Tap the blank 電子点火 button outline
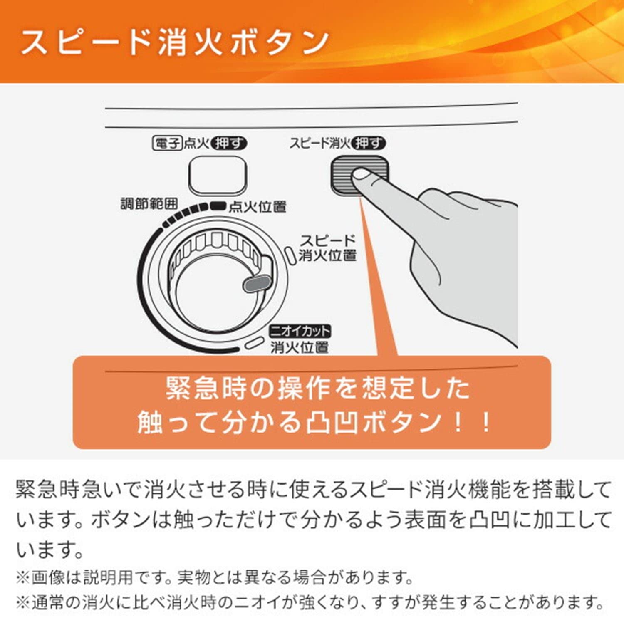tap(217, 175)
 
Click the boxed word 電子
tap(167, 144)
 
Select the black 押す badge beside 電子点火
tap(229, 144)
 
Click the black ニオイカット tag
tap(300, 331)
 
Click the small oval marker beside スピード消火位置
tap(290, 254)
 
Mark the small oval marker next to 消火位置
tap(254, 343)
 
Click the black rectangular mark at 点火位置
tap(218, 205)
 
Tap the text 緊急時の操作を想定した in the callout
tap(318, 389)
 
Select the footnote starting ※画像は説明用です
tap(214, 577)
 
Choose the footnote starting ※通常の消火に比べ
tap(310, 602)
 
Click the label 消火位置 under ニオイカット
tap(300, 347)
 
